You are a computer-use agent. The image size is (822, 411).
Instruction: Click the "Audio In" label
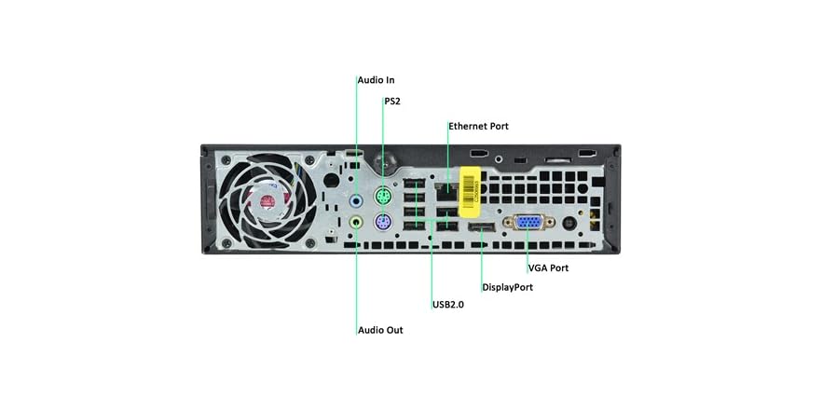click(x=376, y=80)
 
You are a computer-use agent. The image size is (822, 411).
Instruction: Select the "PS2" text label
click(x=392, y=101)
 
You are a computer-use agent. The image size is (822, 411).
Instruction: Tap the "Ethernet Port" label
click(x=478, y=126)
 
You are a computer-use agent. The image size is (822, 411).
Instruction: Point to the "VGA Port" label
click(x=548, y=267)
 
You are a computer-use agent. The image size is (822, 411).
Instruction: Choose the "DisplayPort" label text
click(x=507, y=287)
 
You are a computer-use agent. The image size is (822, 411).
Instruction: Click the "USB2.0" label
click(x=448, y=305)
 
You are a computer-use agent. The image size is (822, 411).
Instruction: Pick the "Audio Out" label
click(x=380, y=330)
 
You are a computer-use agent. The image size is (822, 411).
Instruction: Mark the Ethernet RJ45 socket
click(x=448, y=193)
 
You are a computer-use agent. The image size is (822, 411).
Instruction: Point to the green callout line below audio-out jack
click(x=357, y=280)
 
